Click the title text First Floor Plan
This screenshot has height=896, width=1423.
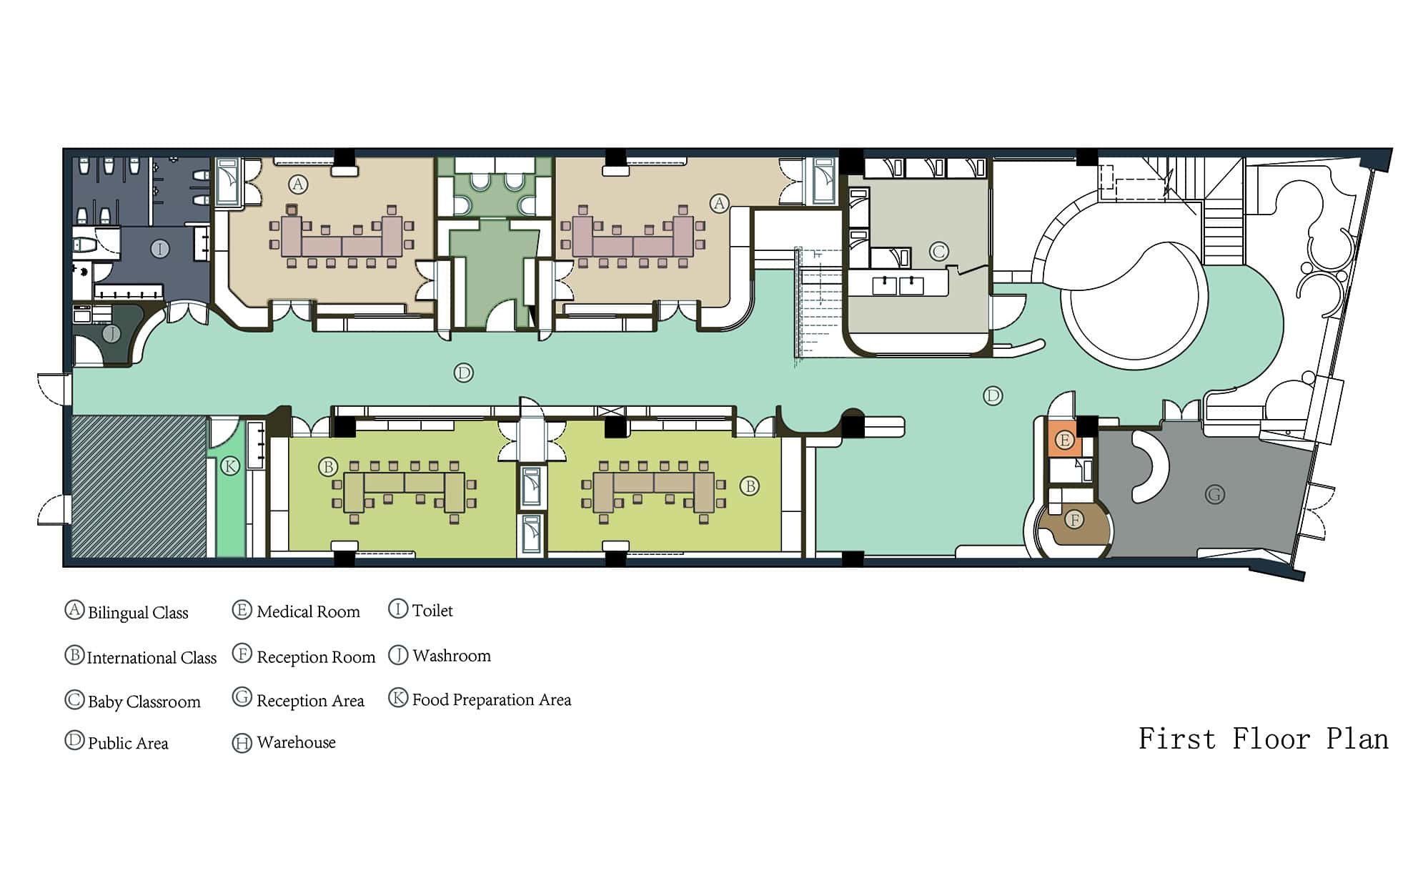1263,739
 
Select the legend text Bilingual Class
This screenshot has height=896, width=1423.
138,613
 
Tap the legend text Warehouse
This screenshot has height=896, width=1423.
296,742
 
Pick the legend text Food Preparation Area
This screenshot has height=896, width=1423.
492,699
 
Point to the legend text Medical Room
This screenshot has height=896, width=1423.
308,611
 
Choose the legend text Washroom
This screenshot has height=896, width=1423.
452,656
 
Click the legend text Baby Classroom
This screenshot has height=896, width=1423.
144,701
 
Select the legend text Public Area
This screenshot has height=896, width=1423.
128,743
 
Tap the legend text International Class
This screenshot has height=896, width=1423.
152,657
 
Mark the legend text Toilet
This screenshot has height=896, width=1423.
432,610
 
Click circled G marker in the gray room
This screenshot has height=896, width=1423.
1214,494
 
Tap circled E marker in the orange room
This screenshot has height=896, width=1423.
1064,440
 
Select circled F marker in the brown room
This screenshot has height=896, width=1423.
1074,520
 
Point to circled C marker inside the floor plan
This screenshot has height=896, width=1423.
938,252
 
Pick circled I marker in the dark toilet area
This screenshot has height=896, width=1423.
160,249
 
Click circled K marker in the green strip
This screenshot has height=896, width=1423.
230,466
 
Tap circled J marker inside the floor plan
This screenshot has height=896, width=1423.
111,333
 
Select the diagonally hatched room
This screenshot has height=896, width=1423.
139,486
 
